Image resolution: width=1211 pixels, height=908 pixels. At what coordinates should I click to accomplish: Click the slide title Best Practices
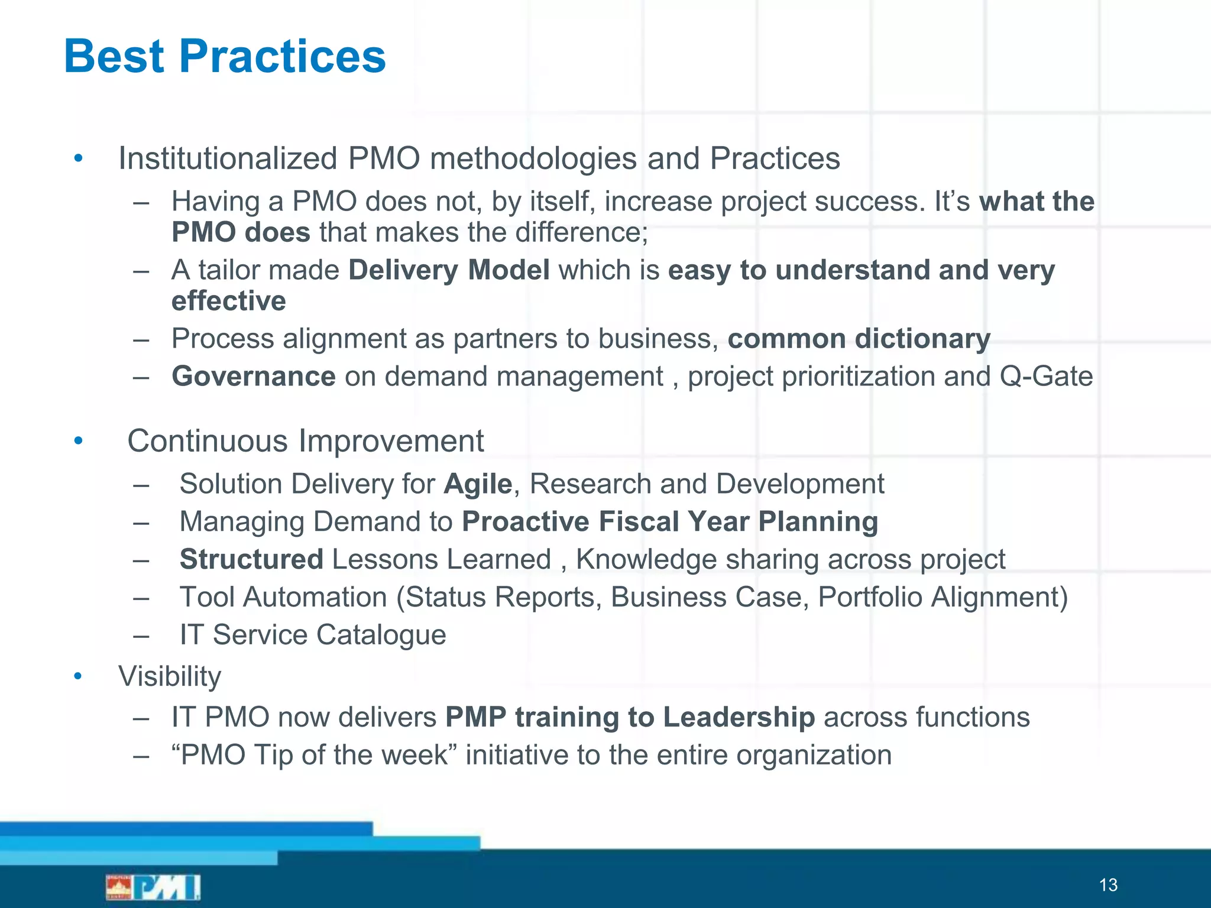click(225, 56)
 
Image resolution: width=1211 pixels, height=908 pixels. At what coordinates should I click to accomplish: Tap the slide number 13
click(1108, 885)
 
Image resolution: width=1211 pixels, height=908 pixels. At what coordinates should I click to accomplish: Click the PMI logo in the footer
click(153, 887)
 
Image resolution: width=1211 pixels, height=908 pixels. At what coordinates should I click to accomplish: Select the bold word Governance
click(254, 377)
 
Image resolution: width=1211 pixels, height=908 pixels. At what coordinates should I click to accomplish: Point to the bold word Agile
click(478, 484)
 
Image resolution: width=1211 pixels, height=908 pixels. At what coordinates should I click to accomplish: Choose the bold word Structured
click(251, 559)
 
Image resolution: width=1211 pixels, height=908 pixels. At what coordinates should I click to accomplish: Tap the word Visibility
click(170, 676)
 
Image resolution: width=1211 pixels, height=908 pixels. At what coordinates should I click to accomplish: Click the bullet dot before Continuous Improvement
click(78, 441)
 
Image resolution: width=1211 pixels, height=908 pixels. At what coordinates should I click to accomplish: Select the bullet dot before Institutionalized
click(78, 158)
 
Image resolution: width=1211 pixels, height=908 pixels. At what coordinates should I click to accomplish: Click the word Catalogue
click(381, 635)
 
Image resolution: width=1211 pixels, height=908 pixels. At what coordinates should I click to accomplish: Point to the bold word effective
click(229, 301)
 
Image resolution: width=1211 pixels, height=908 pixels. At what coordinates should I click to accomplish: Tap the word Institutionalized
click(228, 158)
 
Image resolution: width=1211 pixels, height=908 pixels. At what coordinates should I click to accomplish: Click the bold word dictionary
click(922, 339)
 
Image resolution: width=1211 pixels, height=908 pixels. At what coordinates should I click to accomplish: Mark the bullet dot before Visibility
click(78, 676)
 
